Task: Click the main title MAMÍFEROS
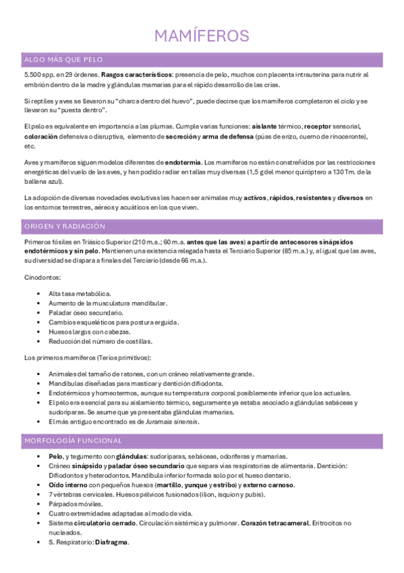click(x=202, y=36)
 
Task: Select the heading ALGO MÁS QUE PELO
click(x=63, y=60)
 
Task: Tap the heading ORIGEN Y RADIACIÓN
click(x=65, y=226)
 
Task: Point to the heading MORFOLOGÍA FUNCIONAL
click(x=73, y=441)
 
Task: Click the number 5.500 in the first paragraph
click(x=32, y=74)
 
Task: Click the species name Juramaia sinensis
click(x=175, y=422)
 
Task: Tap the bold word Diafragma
click(x=112, y=542)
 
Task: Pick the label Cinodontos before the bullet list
click(x=42, y=277)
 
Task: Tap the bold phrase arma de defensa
click(x=231, y=136)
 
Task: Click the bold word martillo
click(x=171, y=485)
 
